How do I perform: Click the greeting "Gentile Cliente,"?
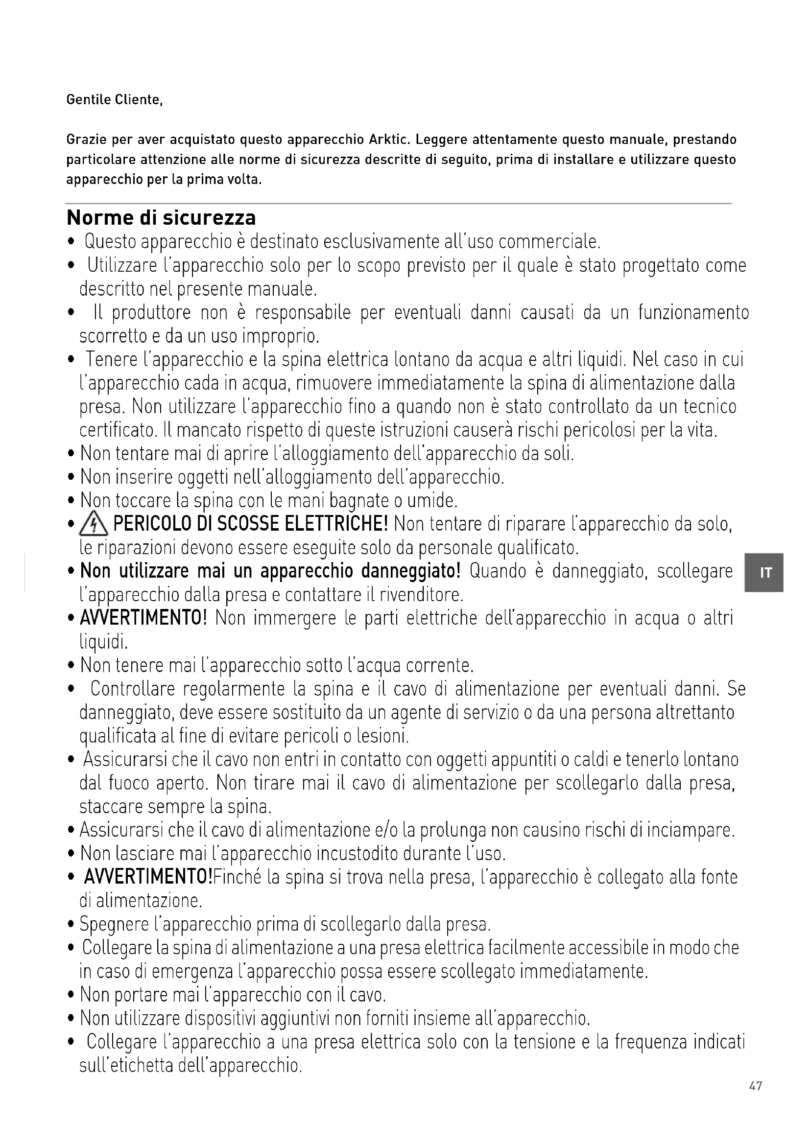point(114,100)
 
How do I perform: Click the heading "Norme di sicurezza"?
point(161,218)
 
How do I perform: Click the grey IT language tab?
point(763,573)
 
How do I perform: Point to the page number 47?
point(755,1099)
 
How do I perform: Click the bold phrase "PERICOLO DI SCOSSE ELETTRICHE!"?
point(250,524)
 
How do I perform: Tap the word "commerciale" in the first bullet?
point(548,242)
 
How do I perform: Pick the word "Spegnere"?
point(114,925)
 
